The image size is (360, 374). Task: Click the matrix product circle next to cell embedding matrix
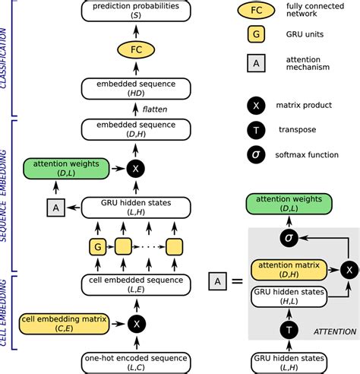pyautogui.click(x=137, y=323)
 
